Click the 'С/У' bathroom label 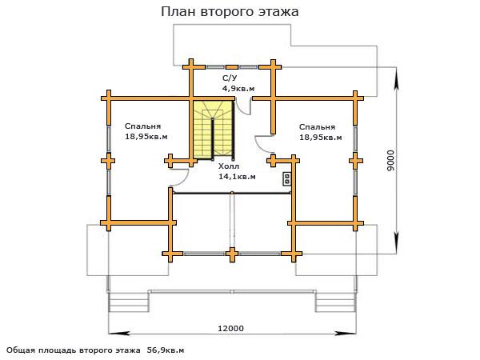[x=230, y=78]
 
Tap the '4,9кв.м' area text [x=238, y=88]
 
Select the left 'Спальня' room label [x=143, y=126]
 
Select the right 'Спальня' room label [x=317, y=126]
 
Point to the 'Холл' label [x=228, y=166]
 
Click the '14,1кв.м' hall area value [x=237, y=177]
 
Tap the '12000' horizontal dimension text [x=230, y=328]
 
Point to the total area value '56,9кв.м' [x=165, y=350]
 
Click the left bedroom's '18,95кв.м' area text [x=146, y=137]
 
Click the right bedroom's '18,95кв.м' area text [x=320, y=137]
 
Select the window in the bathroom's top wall [x=231, y=65]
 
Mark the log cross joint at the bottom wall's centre [x=232, y=254]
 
